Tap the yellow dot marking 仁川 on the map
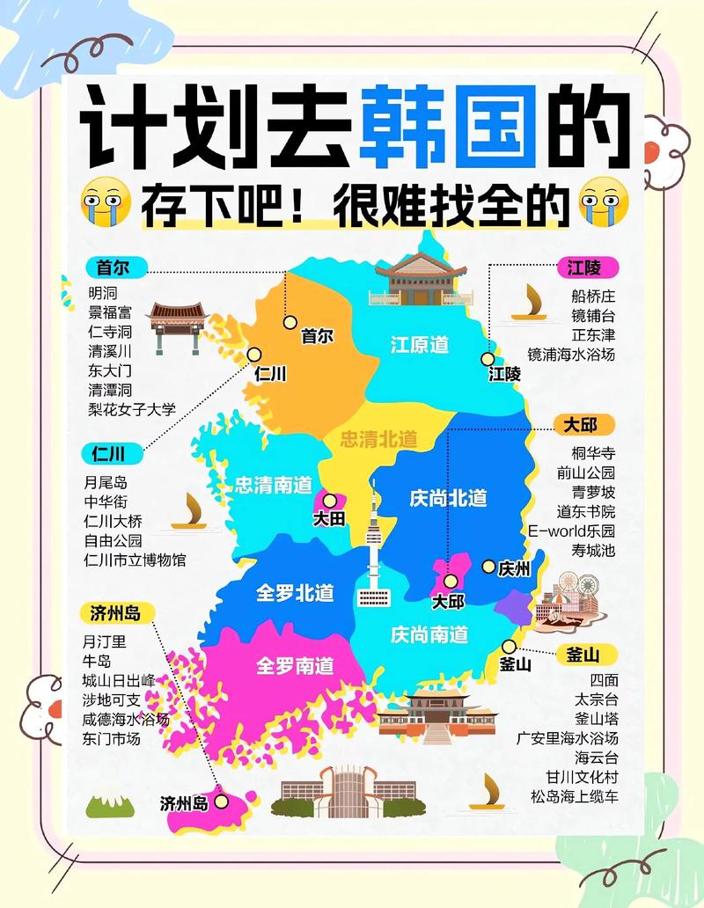click(254, 355)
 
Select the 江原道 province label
click(420, 345)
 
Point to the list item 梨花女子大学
click(131, 409)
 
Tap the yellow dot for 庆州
click(488, 567)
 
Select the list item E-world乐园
click(571, 531)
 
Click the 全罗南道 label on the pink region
click(295, 665)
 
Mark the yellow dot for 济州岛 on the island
click(221, 801)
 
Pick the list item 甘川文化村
click(582, 777)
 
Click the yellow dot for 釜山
click(509, 646)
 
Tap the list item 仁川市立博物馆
click(135, 560)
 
